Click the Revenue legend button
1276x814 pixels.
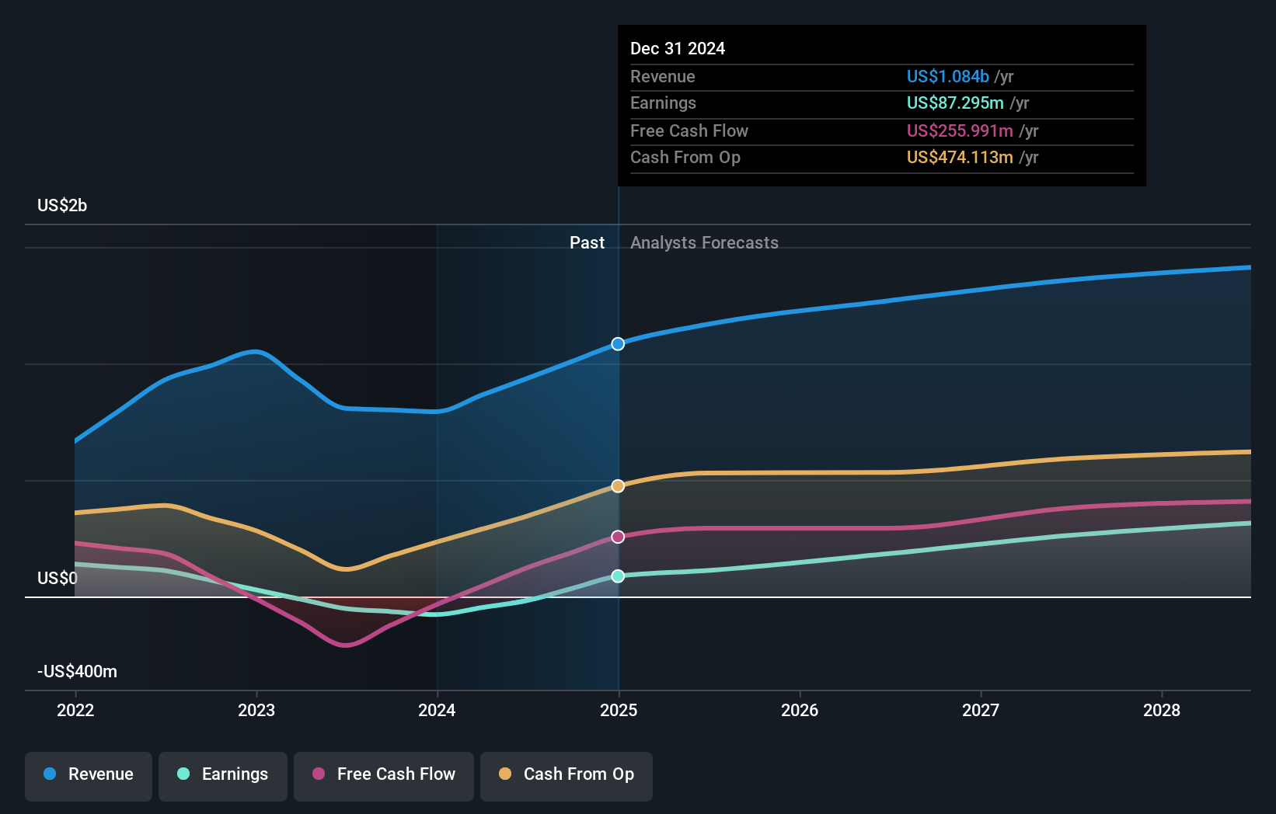89,774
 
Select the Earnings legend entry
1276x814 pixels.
223,774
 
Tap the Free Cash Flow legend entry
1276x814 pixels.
384,774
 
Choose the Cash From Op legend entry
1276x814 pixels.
567,774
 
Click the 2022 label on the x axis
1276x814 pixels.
75,710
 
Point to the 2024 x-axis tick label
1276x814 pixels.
437,710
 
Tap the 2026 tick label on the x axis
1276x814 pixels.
800,710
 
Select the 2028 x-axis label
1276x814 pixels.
1161,710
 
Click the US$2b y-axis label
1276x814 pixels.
62,206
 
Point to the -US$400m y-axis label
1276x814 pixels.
78,672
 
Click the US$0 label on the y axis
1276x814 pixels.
58,579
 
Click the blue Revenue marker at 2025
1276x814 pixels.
618,344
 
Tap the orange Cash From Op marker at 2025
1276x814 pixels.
618,486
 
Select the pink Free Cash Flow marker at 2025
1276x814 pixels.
618,537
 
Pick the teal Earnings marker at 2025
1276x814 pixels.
618,576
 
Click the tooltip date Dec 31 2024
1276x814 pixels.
678,49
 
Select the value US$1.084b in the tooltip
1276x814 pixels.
947,77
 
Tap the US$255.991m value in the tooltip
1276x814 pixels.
960,131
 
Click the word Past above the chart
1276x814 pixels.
587,243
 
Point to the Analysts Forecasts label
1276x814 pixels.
704,243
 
